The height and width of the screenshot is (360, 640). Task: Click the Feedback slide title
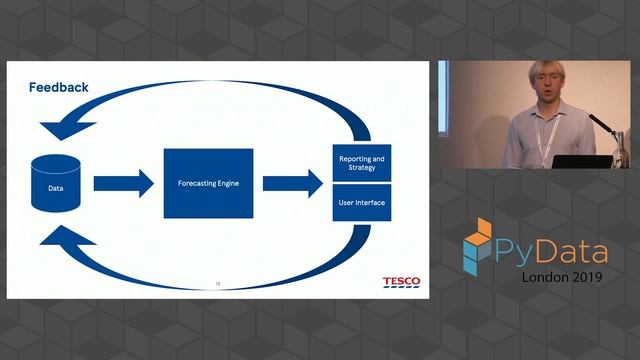coord(57,88)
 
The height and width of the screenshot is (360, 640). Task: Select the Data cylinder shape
coord(56,183)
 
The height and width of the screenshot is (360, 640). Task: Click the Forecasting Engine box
coord(208,183)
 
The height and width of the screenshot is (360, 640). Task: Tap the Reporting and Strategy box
coord(363,163)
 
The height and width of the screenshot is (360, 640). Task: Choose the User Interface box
coord(363,202)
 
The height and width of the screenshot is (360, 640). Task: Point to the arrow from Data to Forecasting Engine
coord(122,183)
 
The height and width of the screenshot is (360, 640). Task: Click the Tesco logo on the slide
coord(401,281)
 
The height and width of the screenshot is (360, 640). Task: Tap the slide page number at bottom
coord(218,283)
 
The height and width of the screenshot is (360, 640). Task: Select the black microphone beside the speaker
coord(599,124)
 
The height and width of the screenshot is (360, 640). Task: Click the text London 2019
coord(560,278)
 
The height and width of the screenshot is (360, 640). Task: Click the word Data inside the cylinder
coord(56,187)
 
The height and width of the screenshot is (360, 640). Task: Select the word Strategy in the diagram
coord(363,168)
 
